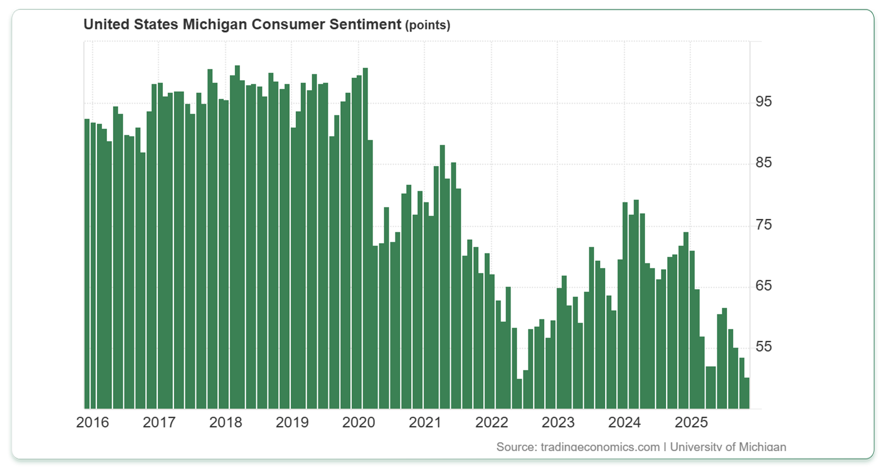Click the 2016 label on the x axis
[92, 422]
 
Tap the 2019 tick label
[292, 422]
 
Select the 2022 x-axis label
[491, 422]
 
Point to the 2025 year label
[691, 422]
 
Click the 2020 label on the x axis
[358, 422]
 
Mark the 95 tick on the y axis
[764, 101]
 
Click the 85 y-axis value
[764, 163]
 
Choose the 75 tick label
[764, 224]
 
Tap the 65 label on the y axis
[764, 285]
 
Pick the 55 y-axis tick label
[764, 347]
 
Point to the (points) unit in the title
[427, 25]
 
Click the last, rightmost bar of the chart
[746, 393]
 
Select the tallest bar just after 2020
[365, 238]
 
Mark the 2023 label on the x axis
[558, 422]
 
